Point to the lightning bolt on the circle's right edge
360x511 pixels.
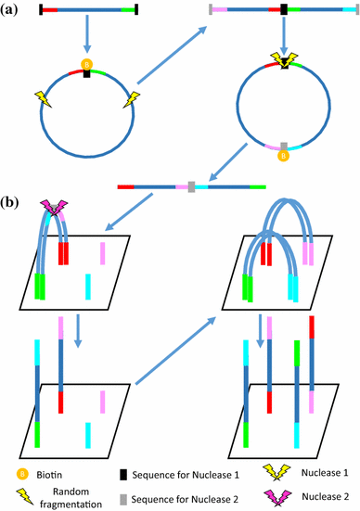136,98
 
